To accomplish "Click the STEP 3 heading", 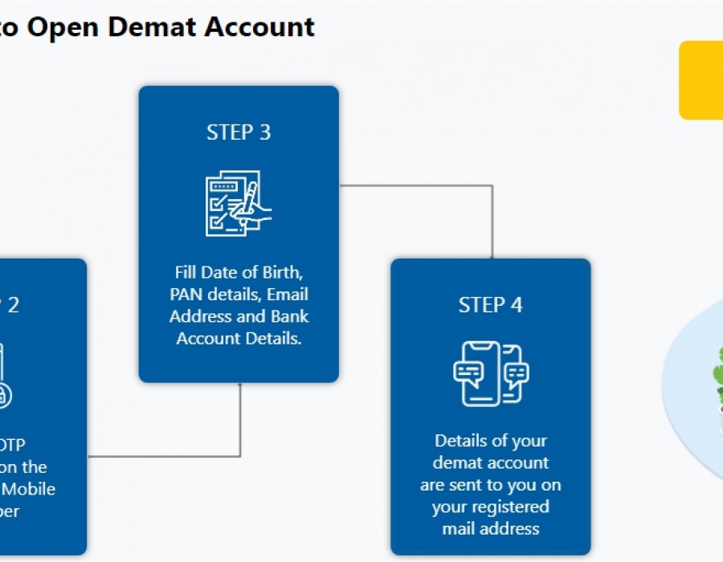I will (x=239, y=132).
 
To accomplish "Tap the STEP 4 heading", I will (x=490, y=305).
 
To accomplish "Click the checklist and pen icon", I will (x=239, y=203).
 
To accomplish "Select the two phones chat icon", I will (x=490, y=373).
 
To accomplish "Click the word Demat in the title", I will (x=152, y=27).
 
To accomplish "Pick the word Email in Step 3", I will (x=288, y=294).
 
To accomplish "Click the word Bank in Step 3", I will (x=288, y=316).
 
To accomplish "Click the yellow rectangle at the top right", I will (x=701, y=80).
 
